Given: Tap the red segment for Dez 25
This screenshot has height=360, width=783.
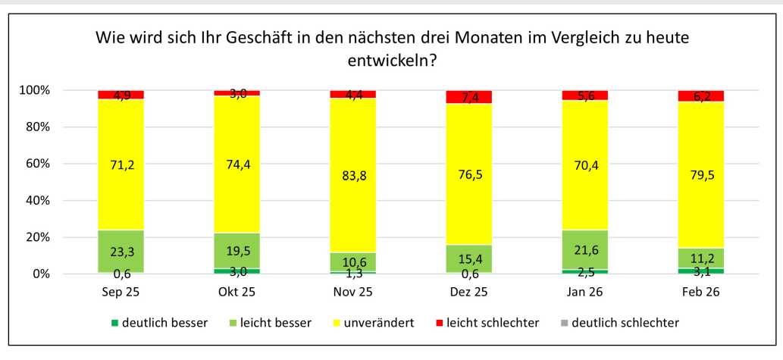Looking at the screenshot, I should click(469, 97).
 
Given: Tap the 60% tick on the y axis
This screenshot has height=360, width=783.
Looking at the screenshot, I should click(36, 164).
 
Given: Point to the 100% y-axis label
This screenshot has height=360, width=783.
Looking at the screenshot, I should click(33, 90).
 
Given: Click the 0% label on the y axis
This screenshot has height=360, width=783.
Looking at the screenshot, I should click(39, 274).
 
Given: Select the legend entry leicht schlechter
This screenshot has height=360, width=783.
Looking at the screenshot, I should click(491, 323).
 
